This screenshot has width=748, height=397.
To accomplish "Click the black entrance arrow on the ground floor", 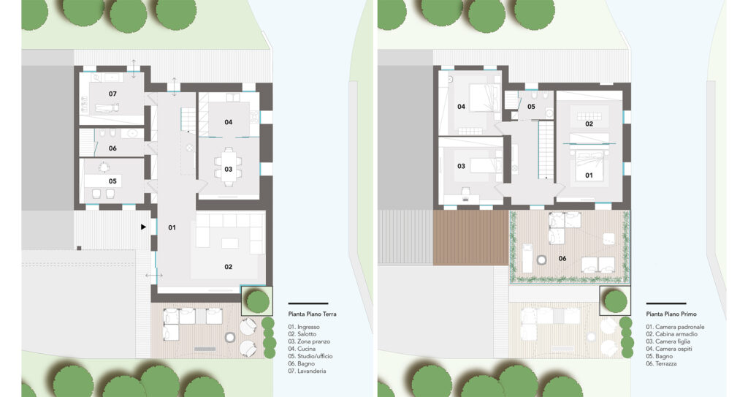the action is (x=143, y=227).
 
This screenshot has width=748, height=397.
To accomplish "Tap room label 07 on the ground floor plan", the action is (x=112, y=94).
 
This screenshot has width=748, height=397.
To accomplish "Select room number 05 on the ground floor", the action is (x=112, y=181).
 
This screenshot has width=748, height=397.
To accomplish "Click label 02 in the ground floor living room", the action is (x=229, y=267).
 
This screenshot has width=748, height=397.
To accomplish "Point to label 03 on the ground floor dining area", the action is (x=229, y=169).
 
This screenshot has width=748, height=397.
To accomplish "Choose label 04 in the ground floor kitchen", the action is (x=229, y=122).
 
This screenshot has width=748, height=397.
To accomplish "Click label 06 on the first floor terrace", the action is (x=562, y=258).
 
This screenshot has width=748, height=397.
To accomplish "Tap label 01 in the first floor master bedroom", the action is (x=589, y=175).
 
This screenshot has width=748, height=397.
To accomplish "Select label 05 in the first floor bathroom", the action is (x=532, y=107).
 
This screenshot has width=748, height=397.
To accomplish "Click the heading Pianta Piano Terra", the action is (x=312, y=314).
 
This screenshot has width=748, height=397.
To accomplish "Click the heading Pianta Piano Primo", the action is (x=671, y=314).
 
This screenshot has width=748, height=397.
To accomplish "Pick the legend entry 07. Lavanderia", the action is (x=307, y=371).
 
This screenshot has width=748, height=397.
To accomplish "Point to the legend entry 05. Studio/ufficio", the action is (x=310, y=356).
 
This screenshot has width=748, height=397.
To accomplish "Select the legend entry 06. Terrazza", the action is (x=661, y=363).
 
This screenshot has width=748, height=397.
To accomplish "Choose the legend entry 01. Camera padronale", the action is (x=675, y=327).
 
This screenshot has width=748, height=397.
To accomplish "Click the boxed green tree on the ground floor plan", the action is (x=258, y=301).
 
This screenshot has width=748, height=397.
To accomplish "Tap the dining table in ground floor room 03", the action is (x=229, y=167).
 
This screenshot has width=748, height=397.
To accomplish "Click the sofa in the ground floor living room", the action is (x=230, y=233).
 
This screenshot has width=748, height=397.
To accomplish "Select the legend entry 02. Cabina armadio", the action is (x=672, y=334).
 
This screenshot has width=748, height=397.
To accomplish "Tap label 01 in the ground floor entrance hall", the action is (x=172, y=227).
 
